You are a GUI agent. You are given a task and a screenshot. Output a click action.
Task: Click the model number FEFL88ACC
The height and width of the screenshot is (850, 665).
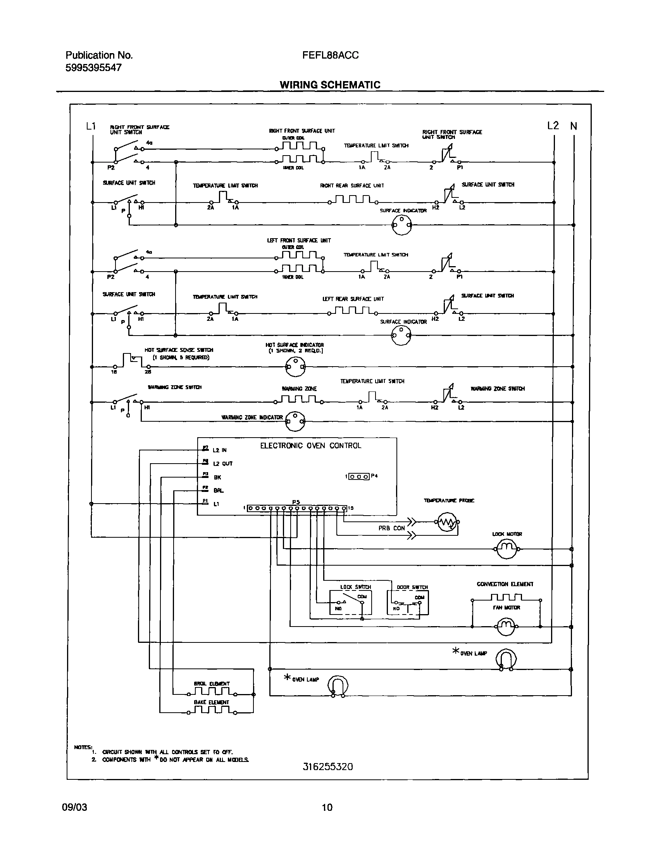[330, 55]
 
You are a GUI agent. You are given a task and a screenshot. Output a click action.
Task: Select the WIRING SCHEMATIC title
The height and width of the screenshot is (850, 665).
[330, 85]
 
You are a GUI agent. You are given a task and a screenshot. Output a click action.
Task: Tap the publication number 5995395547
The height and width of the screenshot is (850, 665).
[93, 68]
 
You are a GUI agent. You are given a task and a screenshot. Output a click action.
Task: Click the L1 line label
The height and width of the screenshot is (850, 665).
[91, 126]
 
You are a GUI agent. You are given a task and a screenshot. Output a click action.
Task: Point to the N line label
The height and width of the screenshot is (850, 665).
[574, 126]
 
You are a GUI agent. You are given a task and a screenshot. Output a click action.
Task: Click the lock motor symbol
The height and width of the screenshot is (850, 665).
[506, 549]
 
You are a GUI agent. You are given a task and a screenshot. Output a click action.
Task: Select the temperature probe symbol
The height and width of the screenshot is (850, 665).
[447, 522]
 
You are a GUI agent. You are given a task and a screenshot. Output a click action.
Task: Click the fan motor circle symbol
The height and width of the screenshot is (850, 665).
[506, 627]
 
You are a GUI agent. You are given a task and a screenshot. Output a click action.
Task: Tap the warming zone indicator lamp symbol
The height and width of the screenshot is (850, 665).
[295, 421]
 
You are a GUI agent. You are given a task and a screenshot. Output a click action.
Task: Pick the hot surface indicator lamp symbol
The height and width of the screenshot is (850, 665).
[295, 367]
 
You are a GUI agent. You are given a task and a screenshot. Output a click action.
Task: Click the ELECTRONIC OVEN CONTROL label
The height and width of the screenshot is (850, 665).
[310, 446]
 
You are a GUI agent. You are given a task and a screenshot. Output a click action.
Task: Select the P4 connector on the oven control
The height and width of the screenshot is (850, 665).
[358, 476]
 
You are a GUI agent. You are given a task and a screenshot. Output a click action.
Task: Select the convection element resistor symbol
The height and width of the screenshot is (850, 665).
[506, 598]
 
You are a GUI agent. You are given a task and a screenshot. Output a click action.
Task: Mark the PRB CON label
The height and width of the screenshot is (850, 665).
[391, 528]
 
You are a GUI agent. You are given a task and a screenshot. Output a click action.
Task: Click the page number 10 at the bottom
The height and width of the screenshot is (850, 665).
[327, 807]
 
